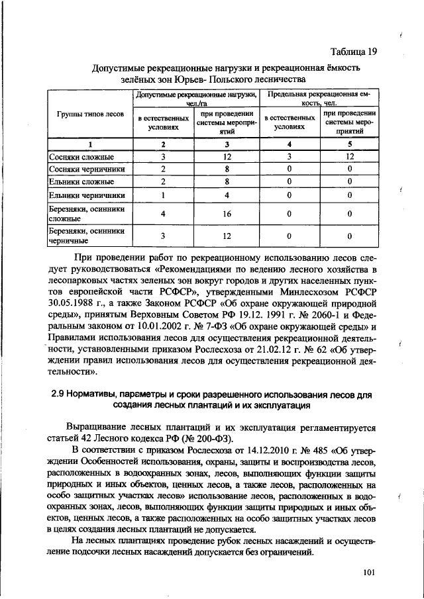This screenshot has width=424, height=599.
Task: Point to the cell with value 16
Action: click(x=227, y=214)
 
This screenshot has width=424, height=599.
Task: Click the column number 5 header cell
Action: click(x=348, y=144)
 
